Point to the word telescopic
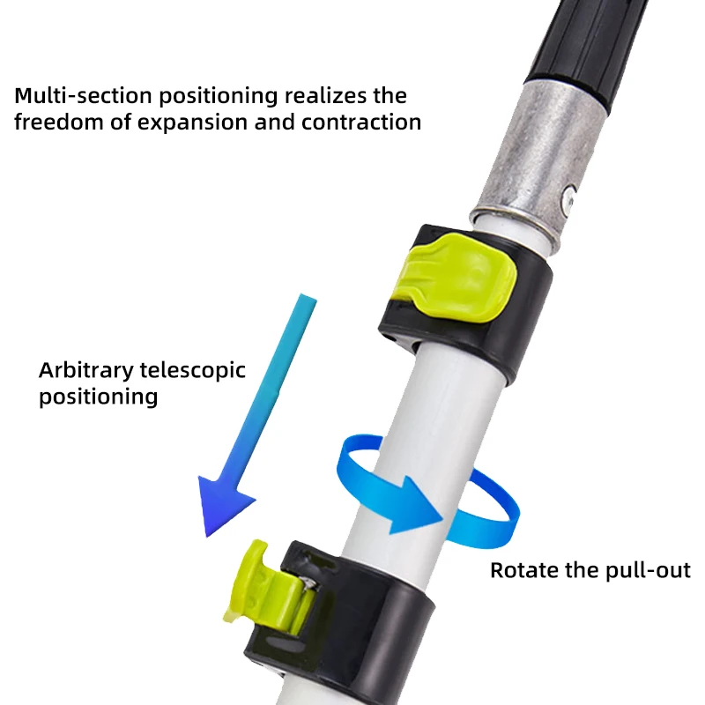(x=196, y=370)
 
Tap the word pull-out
(x=648, y=571)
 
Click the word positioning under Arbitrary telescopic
(x=98, y=397)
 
